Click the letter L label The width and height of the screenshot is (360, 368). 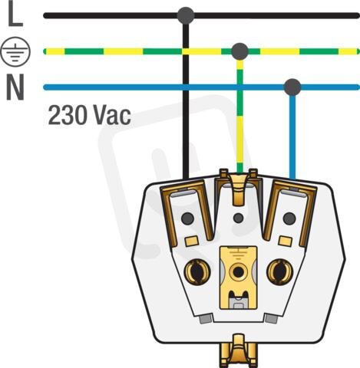15,15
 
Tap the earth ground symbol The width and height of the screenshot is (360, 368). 15,52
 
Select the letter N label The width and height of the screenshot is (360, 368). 15,87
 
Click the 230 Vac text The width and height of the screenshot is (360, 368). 90,115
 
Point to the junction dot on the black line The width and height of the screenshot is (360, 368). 186,15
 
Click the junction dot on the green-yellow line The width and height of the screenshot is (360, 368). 239,51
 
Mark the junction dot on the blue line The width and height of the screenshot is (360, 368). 292,87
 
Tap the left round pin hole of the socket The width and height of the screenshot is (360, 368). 197,271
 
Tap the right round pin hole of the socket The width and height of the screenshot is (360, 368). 280,271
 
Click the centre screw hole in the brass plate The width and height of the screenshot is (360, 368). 238,272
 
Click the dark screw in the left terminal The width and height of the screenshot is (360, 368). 187,219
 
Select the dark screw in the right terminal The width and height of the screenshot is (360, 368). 289,219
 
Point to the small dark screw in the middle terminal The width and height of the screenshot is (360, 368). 239,218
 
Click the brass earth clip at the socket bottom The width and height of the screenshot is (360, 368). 239,350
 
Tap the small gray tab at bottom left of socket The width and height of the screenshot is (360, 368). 206,318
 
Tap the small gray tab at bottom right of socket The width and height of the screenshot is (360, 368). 271,318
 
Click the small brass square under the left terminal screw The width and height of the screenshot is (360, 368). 192,241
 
